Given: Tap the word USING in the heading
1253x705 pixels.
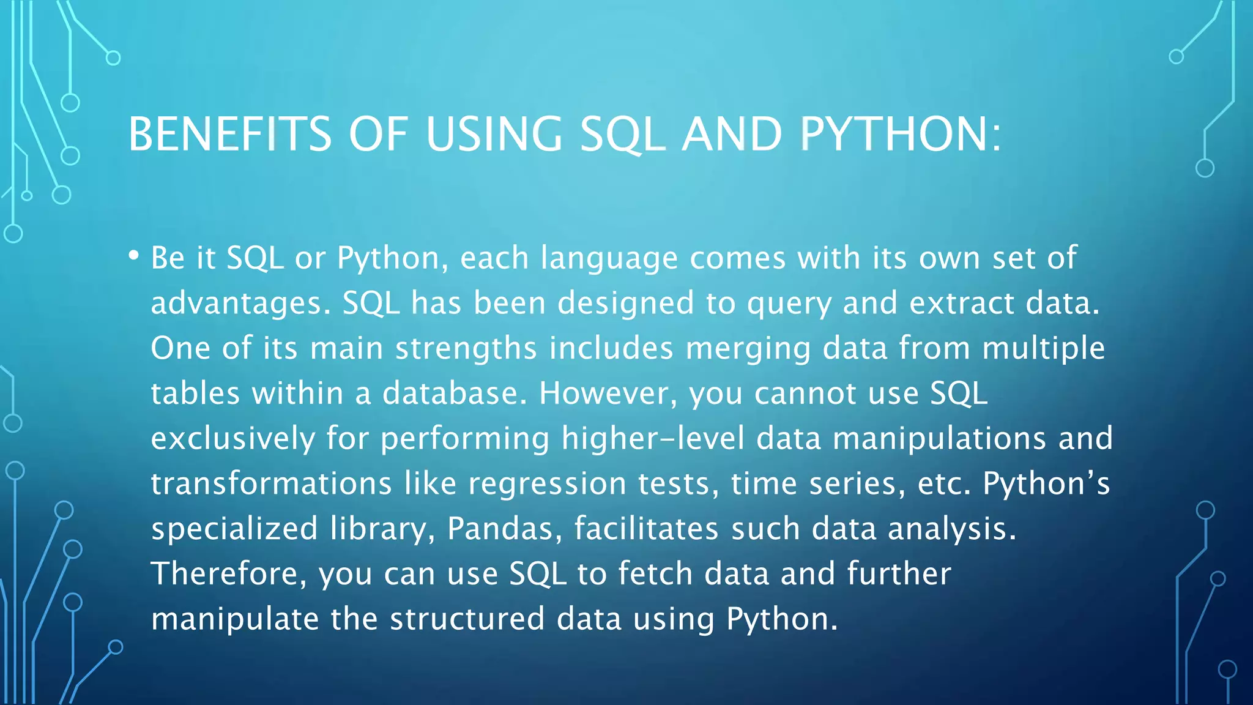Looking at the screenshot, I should (x=494, y=134).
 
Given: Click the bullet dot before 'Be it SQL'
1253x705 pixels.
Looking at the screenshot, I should (x=134, y=256).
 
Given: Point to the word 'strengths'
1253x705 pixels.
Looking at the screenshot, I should (x=466, y=349).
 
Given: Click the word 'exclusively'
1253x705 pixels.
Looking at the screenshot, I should (x=233, y=439).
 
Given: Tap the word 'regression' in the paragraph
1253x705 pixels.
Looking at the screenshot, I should (x=547, y=484).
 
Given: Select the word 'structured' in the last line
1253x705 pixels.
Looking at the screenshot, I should (x=467, y=619).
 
